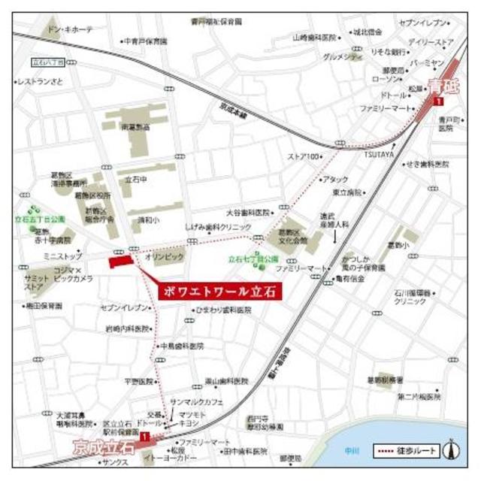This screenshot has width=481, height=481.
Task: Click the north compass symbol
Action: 452,450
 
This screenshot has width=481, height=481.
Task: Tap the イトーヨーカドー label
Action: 177,458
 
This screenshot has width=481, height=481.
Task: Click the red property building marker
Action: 120,261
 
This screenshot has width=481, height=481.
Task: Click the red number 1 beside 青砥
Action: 449,100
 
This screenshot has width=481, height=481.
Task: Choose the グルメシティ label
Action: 340,56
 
